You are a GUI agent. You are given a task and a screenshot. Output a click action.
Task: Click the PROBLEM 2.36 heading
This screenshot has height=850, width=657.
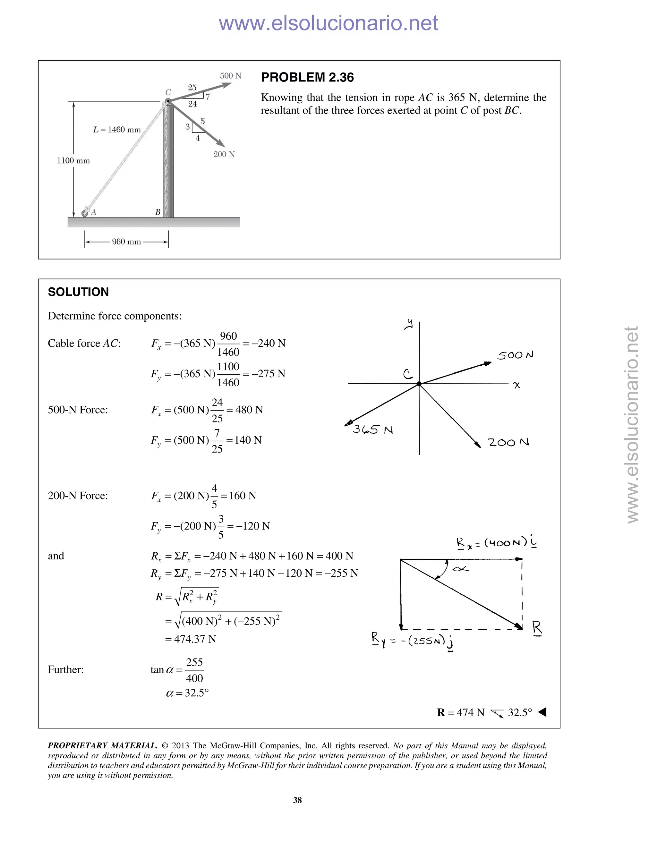[307, 77]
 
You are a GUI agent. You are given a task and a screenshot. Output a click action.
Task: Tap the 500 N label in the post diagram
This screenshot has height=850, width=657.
[230, 76]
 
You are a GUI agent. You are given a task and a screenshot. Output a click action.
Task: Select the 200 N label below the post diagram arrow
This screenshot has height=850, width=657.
[224, 155]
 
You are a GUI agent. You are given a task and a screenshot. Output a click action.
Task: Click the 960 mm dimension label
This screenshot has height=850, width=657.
[126, 242]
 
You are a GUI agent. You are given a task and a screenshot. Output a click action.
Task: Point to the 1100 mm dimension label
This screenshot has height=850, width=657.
[73, 161]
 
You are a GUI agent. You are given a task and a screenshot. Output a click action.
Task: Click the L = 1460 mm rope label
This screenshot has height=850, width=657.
[117, 130]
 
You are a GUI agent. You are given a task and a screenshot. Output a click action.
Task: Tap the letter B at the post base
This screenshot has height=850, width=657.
[158, 212]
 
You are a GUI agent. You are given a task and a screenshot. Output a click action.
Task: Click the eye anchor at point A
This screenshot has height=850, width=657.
[84, 213]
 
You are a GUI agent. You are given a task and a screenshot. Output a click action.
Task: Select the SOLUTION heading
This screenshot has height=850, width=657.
[78, 292]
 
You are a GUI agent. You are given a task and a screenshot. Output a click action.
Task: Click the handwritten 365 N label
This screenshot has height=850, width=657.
[372, 430]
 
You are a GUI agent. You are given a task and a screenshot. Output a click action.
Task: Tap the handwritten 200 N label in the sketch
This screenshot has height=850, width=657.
[508, 443]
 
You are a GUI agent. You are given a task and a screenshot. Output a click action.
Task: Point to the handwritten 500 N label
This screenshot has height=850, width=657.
[515, 355]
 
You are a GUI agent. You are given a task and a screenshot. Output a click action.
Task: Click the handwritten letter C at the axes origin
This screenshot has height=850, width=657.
[407, 374]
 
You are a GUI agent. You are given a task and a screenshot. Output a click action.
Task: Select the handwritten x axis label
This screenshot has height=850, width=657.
[516, 385]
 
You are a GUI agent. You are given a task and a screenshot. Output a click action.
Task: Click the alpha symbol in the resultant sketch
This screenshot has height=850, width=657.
[460, 569]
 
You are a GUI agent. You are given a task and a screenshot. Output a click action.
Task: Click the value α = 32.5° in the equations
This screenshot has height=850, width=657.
[187, 693]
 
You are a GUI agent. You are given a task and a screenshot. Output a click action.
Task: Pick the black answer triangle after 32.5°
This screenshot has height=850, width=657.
[542, 712]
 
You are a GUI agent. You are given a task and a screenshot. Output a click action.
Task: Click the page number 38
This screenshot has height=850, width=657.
[297, 800]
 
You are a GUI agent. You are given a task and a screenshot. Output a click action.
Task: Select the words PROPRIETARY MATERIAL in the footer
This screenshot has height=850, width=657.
[102, 746]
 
